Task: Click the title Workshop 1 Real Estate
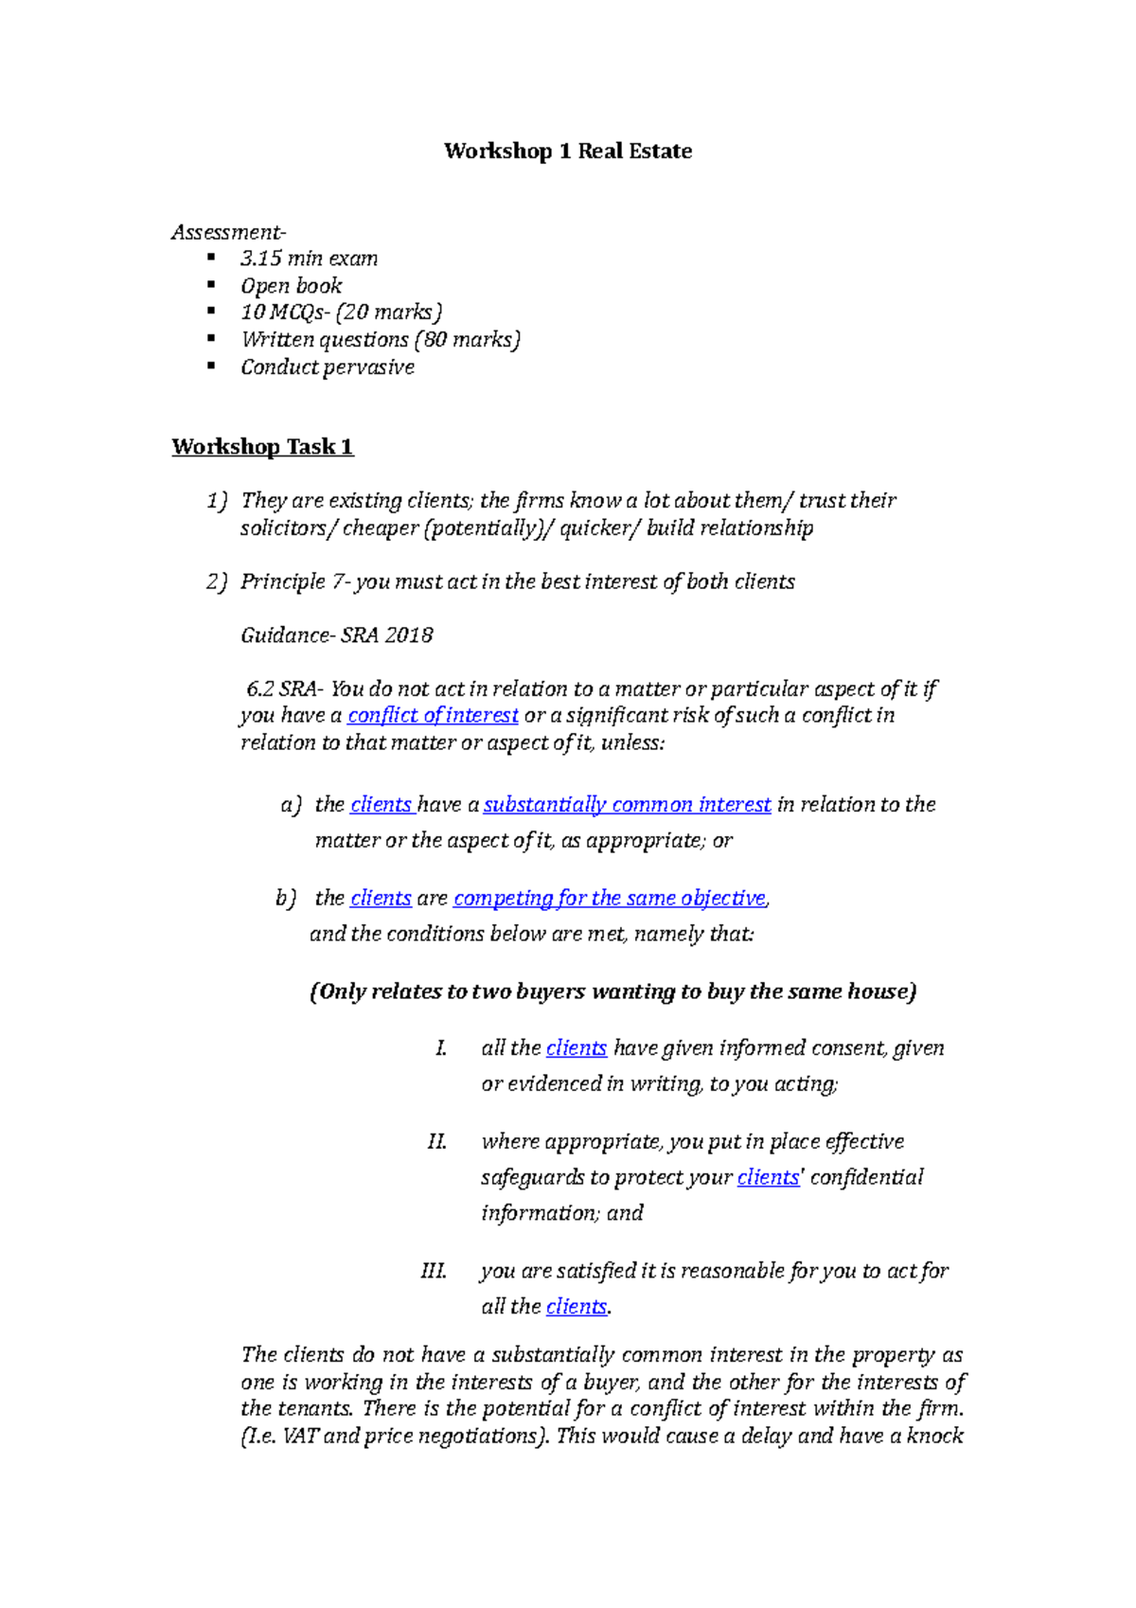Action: [568, 152]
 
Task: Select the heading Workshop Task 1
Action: [262, 447]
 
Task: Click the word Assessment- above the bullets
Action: [228, 232]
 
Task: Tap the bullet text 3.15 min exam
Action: [309, 259]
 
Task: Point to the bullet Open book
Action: [291, 286]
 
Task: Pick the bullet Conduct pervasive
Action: [327, 367]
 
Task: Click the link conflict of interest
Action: [433, 716]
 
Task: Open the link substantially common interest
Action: [627, 805]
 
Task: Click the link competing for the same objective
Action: [610, 898]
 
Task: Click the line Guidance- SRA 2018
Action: [336, 635]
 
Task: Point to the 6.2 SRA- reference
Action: [282, 689]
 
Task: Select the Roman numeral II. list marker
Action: [436, 1142]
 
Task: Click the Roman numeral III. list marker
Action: [434, 1271]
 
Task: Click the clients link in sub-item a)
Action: [381, 805]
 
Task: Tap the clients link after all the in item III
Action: [577, 1307]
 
